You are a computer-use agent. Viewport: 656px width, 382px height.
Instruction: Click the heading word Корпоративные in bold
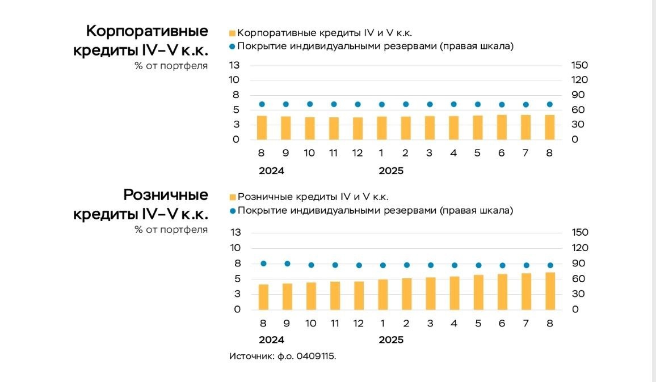pos(147,31)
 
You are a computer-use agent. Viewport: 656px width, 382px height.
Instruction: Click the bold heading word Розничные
pos(166,195)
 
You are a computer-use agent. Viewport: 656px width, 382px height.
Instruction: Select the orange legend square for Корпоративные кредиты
pos(232,33)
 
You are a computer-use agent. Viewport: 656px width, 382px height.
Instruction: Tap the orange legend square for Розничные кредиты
pos(232,197)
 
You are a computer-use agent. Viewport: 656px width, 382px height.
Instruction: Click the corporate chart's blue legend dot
pos(232,46)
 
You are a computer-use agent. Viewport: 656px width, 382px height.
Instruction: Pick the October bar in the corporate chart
pos(310,128)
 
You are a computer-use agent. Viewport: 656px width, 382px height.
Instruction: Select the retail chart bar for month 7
pos(526,291)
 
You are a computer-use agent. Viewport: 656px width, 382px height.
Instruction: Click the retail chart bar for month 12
pos(359,295)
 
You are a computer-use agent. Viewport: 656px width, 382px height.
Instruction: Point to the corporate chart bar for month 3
pos(430,128)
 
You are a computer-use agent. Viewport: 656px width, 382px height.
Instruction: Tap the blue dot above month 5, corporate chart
pos(478,104)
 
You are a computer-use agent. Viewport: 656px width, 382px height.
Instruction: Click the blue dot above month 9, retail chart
pos(287,264)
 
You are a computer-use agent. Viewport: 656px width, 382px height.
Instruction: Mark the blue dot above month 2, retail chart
pos(406,265)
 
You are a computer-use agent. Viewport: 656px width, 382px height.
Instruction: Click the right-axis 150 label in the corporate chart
pos(579,65)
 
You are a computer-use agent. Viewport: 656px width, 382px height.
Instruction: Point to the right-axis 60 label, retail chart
pos(579,279)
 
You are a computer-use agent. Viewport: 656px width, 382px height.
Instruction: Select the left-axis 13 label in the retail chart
pos(235,232)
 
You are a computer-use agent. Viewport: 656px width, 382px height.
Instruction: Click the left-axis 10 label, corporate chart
pos(235,80)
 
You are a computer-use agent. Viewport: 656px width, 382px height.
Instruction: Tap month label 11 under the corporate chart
pos(334,153)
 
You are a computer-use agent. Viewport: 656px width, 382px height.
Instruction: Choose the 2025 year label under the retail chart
pos(391,340)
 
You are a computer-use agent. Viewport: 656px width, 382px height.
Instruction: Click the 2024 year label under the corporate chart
pos(271,171)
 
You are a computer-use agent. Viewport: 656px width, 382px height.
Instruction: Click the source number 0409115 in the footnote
pos(316,356)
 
